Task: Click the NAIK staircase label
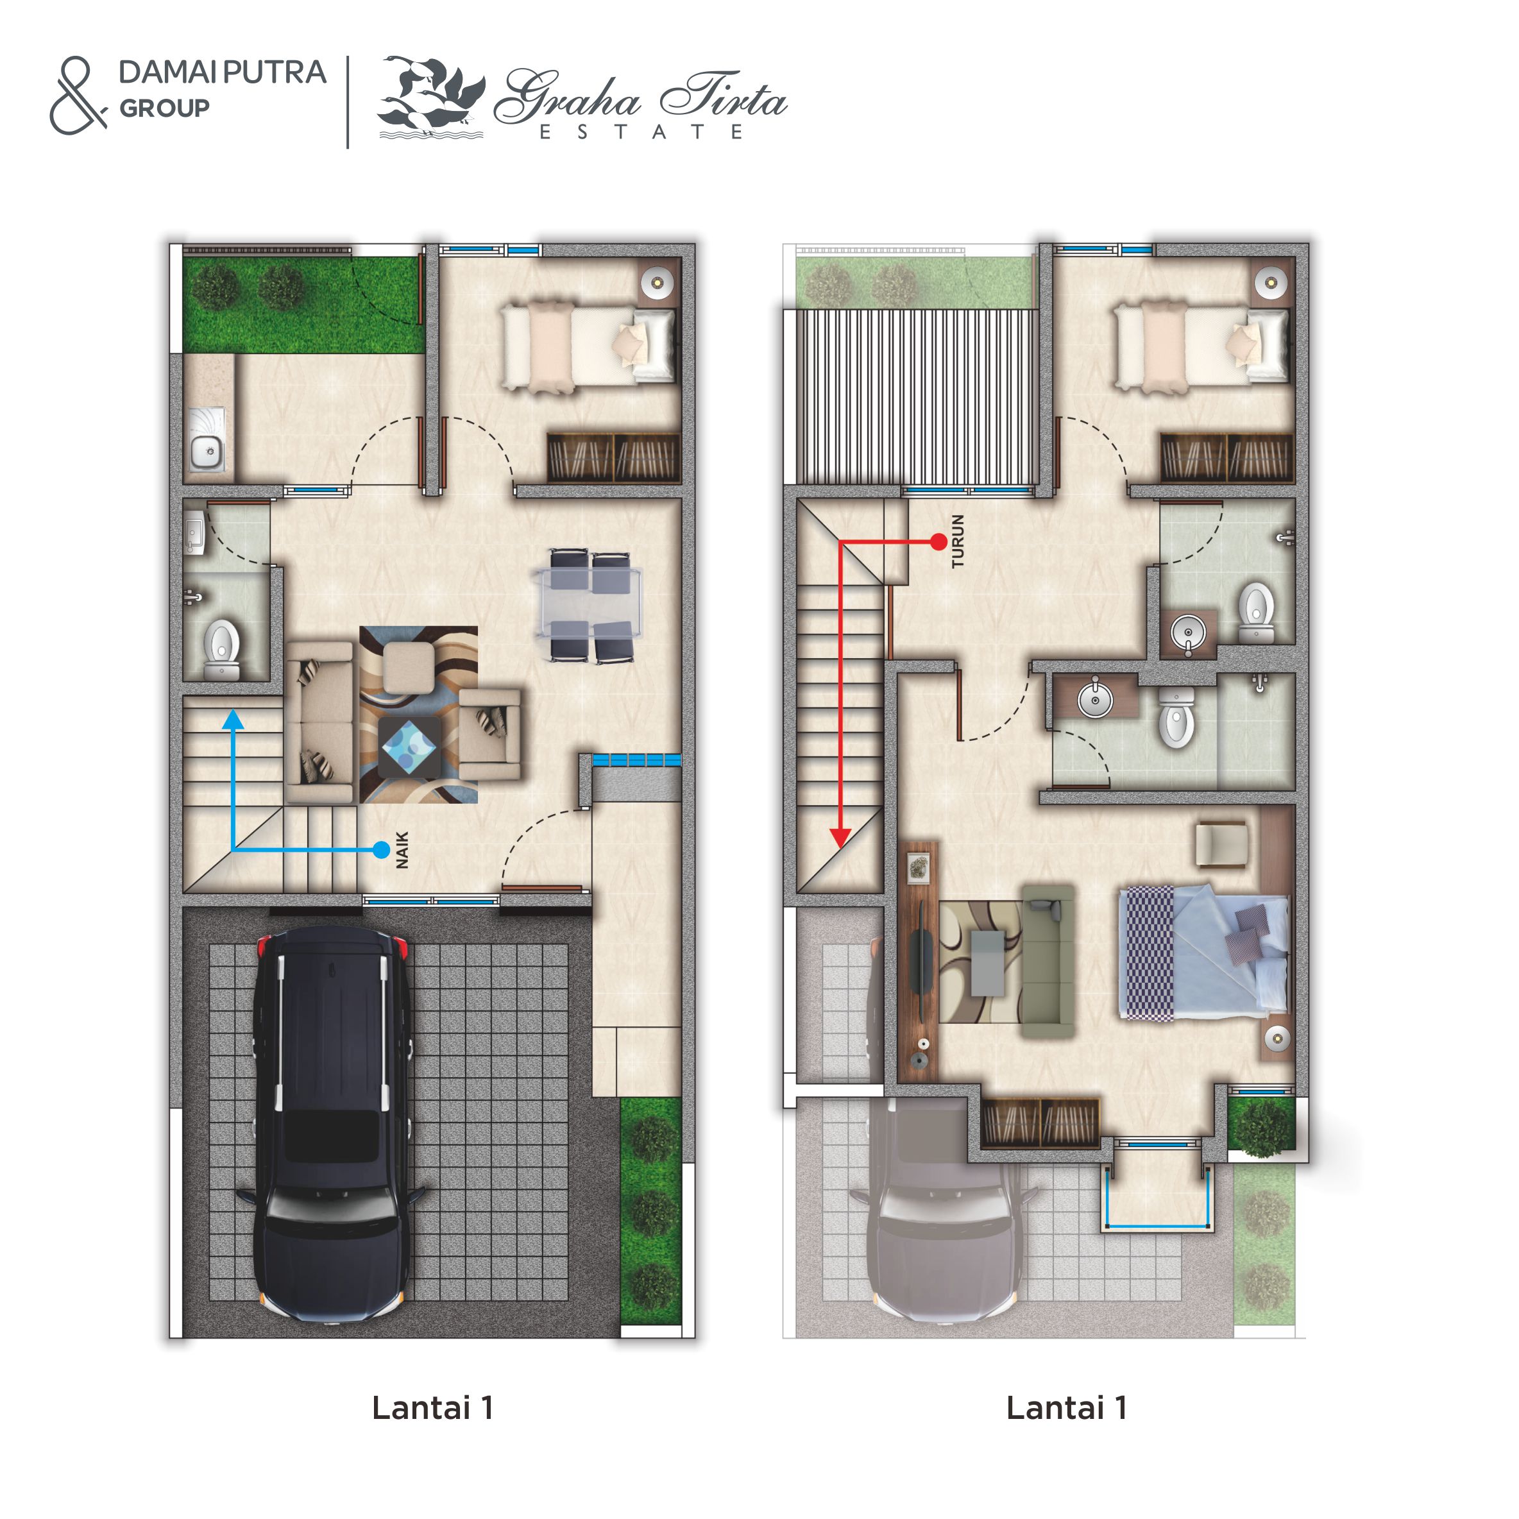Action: pyautogui.click(x=403, y=850)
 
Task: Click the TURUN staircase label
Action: pyautogui.click(x=958, y=541)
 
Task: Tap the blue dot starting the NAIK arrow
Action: pyautogui.click(x=381, y=850)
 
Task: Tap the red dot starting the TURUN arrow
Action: pyautogui.click(x=938, y=541)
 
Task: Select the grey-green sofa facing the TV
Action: pyautogui.click(x=1049, y=961)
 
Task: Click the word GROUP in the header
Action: pyautogui.click(x=164, y=108)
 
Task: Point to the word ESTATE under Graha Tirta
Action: pyautogui.click(x=641, y=132)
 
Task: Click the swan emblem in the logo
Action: pyautogui.click(x=431, y=97)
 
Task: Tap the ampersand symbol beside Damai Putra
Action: pyautogui.click(x=78, y=95)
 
